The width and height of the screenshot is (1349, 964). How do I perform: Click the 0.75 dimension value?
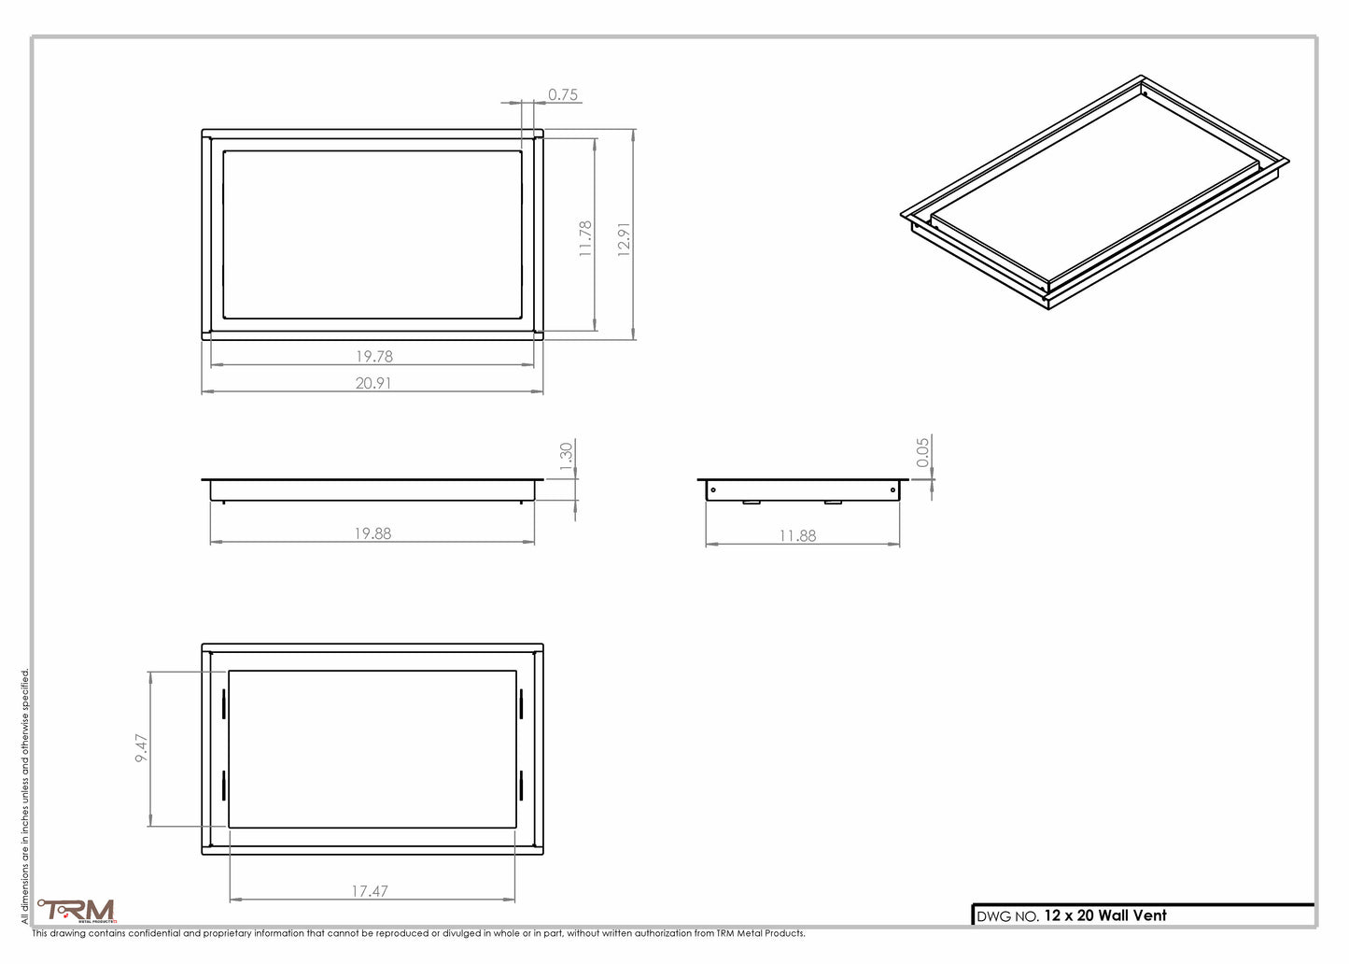pos(562,94)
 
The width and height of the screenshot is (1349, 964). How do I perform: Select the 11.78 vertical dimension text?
pos(585,238)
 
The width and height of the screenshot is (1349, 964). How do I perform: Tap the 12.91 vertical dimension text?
pos(624,240)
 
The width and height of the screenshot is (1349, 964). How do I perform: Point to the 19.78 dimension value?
pos(373,356)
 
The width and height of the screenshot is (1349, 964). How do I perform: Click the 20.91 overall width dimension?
pos(372,382)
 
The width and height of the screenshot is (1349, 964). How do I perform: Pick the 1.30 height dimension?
pos(566,457)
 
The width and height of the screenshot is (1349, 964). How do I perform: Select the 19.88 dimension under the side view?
pos(372,533)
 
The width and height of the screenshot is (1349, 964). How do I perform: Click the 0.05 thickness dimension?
pos(922,452)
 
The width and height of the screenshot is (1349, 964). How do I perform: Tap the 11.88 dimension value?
pos(797,535)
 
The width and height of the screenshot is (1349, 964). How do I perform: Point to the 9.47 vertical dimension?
pos(141,748)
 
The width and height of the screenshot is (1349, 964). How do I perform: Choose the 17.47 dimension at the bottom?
pos(370,891)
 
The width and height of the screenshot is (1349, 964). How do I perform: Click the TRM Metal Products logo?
pos(77,910)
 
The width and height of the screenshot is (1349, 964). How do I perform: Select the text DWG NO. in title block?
pos(1007,916)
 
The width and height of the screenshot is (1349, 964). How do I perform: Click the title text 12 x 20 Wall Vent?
pos(1105,915)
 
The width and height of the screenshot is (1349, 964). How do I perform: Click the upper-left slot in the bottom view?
pos(224,704)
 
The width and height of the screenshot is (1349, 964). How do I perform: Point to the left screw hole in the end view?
pos(713,489)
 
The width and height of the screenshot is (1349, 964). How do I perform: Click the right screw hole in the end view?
pos(892,489)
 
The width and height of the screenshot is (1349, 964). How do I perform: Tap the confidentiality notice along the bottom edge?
pos(418,933)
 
